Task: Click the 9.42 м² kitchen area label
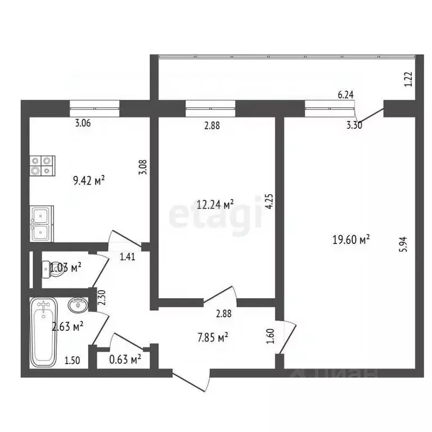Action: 89,181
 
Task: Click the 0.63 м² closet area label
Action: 124,358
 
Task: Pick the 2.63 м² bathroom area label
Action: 68,325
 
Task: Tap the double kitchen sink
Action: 41,223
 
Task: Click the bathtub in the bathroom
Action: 43,332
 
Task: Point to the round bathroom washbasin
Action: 77,305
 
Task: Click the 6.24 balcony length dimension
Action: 345,96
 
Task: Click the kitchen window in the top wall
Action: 94,107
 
